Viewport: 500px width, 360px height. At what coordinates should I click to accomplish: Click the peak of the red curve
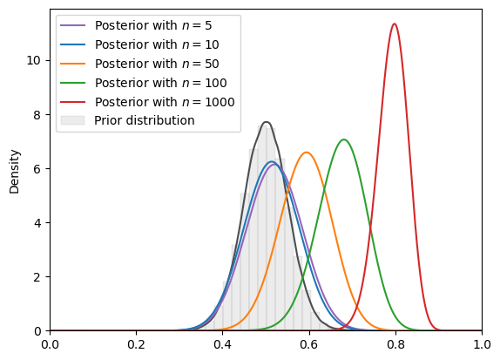point(395,24)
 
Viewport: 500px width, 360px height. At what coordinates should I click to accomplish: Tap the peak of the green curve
point(344,139)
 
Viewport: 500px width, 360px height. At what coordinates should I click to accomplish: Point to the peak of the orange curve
point(307,153)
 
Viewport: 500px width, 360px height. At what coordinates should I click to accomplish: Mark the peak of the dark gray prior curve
point(267,122)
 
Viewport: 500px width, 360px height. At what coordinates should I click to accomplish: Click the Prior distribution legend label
point(145,120)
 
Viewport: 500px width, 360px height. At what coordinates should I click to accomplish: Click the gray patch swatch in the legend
point(72,120)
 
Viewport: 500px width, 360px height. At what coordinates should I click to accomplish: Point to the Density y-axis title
point(14,172)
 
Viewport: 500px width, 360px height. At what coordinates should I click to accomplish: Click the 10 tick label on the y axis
point(33,60)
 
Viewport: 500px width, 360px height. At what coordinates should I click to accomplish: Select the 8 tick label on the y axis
point(37,114)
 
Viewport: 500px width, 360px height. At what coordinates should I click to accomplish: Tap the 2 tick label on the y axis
point(37,276)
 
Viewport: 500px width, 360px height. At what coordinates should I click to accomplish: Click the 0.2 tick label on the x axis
point(136,344)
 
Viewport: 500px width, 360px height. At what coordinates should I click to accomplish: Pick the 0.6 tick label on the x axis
point(309,344)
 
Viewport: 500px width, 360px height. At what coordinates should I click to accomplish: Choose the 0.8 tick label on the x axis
point(395,344)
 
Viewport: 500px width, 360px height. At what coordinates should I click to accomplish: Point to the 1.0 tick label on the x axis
point(482,344)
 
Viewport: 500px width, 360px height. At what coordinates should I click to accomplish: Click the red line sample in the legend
point(72,102)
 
